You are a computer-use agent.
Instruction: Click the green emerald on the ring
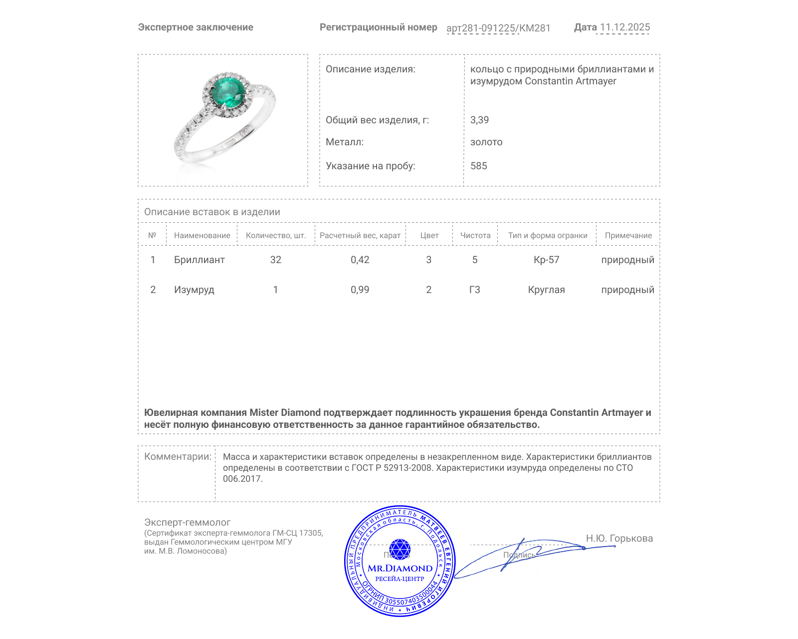click(228, 92)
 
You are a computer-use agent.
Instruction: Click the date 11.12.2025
click(625, 27)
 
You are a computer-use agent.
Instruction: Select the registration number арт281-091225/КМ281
click(498, 28)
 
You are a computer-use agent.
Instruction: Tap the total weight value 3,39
click(479, 120)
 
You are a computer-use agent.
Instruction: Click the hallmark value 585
click(478, 166)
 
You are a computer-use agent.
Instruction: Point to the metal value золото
click(486, 142)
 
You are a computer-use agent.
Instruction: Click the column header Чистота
click(475, 235)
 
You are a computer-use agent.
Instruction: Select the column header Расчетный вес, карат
click(360, 235)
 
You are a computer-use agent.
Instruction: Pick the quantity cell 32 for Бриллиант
click(275, 260)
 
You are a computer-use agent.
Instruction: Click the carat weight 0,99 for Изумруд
click(360, 290)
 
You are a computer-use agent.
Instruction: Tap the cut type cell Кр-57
click(546, 260)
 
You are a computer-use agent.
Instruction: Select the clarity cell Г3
click(474, 290)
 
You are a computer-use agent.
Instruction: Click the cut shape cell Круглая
click(546, 290)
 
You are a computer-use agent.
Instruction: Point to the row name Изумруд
click(194, 290)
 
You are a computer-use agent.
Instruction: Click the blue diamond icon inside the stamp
click(399, 549)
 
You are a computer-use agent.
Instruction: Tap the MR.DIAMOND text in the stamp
click(400, 568)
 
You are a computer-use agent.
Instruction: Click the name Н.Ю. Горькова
click(619, 538)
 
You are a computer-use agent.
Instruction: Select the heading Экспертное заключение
click(196, 27)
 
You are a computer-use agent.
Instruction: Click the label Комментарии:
click(178, 456)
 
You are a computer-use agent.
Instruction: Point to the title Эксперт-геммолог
click(187, 522)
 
